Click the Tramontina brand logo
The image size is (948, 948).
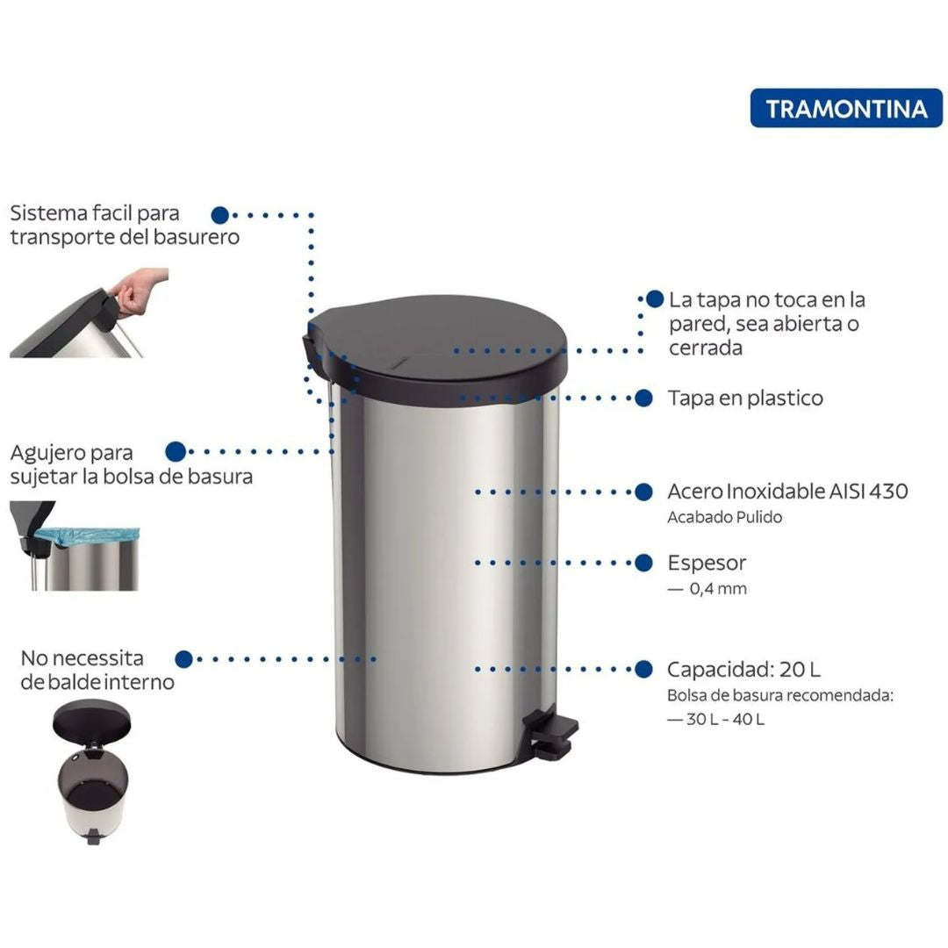click(846, 108)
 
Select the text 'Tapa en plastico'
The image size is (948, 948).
click(745, 398)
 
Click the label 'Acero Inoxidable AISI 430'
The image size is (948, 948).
click(787, 491)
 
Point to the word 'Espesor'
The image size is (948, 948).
click(707, 563)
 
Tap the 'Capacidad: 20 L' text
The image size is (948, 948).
click(743, 669)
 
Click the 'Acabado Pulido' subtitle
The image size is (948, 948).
click(724, 517)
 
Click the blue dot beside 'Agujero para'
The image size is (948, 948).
click(176, 451)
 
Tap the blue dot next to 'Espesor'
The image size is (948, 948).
click(643, 563)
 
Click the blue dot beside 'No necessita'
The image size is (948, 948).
click(183, 658)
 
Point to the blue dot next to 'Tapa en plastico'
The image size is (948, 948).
click(643, 398)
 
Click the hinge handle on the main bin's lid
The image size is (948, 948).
click(312, 342)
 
